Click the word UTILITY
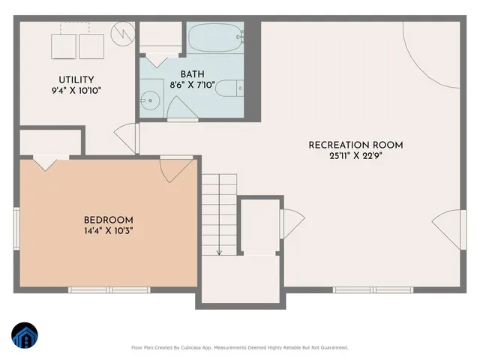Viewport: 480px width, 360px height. (x=76, y=79)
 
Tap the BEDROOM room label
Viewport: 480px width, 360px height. (x=109, y=220)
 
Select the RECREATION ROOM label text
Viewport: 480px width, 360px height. (x=356, y=145)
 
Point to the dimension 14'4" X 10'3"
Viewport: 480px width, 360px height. (x=109, y=231)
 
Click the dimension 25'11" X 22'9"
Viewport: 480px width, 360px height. (x=356, y=157)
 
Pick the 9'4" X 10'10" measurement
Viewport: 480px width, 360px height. (x=76, y=91)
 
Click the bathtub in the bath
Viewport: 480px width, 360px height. (x=215, y=37)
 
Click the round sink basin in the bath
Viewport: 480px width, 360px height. (x=151, y=98)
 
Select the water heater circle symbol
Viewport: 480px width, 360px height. (x=122, y=34)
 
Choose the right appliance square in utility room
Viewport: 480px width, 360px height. (x=92, y=46)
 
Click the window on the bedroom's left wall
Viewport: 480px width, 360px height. (x=16, y=229)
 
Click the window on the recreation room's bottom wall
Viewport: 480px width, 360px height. (x=373, y=289)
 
